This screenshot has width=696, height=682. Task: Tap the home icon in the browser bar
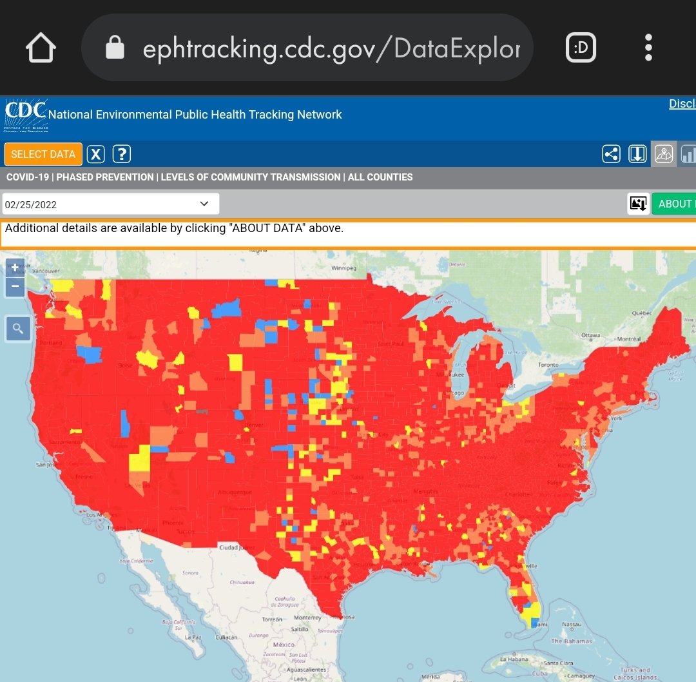40,48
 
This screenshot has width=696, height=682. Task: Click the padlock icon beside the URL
115,48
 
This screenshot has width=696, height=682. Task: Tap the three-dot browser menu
648,48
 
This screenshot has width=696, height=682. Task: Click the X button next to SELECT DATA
96,154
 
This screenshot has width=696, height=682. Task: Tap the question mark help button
122,154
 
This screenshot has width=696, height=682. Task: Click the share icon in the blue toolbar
611,154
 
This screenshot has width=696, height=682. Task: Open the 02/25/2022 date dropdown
110,204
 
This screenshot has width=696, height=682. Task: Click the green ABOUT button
674,204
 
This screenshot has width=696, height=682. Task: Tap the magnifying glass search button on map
17,329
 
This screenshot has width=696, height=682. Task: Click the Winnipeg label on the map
343,268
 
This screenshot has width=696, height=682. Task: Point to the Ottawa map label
590,335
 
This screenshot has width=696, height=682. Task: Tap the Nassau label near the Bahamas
571,624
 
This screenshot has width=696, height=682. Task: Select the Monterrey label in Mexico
307,618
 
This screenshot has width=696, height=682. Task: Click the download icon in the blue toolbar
637,154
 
